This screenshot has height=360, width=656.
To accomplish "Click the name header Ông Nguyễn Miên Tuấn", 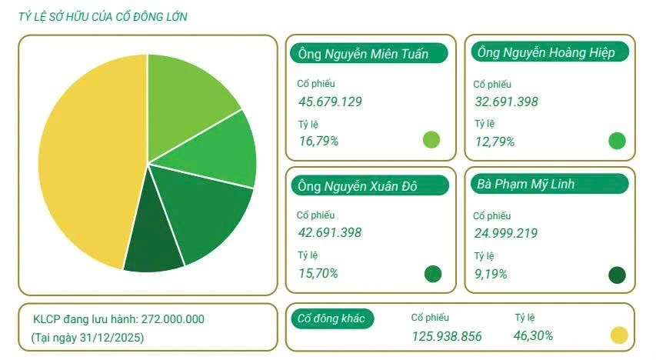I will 358,53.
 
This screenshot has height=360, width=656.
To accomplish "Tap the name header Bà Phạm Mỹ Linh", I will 526,184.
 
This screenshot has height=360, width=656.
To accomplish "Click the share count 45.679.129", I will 330,102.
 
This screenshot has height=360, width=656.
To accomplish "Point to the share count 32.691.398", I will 506,102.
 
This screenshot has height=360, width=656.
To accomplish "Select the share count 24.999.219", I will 506,233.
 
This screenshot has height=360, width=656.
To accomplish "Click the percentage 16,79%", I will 318,141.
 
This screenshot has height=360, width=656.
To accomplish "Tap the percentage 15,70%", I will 318,273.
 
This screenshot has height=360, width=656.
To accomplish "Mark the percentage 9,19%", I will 491,273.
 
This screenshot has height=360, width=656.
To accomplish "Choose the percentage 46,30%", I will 533,335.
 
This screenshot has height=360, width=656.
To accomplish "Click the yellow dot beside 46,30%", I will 619,335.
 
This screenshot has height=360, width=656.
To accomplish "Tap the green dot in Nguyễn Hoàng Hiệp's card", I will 617,141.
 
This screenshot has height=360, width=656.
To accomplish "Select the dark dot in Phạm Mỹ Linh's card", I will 617,275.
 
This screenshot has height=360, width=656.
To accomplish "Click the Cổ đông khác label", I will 332,318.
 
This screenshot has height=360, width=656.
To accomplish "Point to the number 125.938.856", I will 446,335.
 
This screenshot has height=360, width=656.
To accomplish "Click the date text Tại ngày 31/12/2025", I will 87,337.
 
